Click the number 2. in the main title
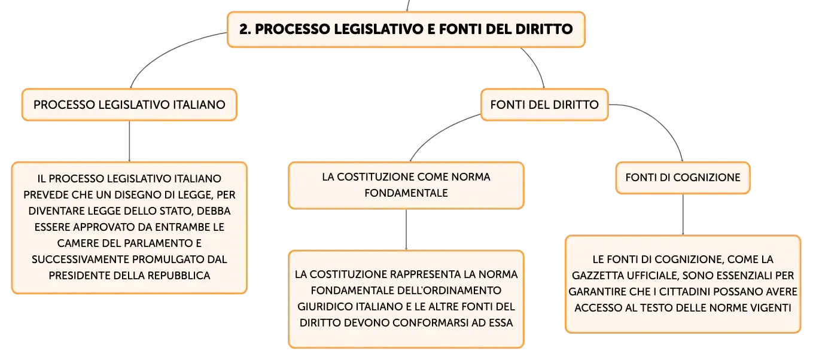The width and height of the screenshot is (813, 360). (x=245, y=29)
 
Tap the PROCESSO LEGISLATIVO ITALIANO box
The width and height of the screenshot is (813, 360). (x=129, y=105)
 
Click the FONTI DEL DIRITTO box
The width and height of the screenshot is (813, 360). (x=544, y=105)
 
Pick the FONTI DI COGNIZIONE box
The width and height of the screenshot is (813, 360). (x=683, y=178)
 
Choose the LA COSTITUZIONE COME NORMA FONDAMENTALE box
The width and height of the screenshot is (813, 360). (x=406, y=185)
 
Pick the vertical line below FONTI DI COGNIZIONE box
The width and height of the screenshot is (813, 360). (x=683, y=214)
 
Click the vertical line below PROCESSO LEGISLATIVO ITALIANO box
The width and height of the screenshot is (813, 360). (x=129, y=141)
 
